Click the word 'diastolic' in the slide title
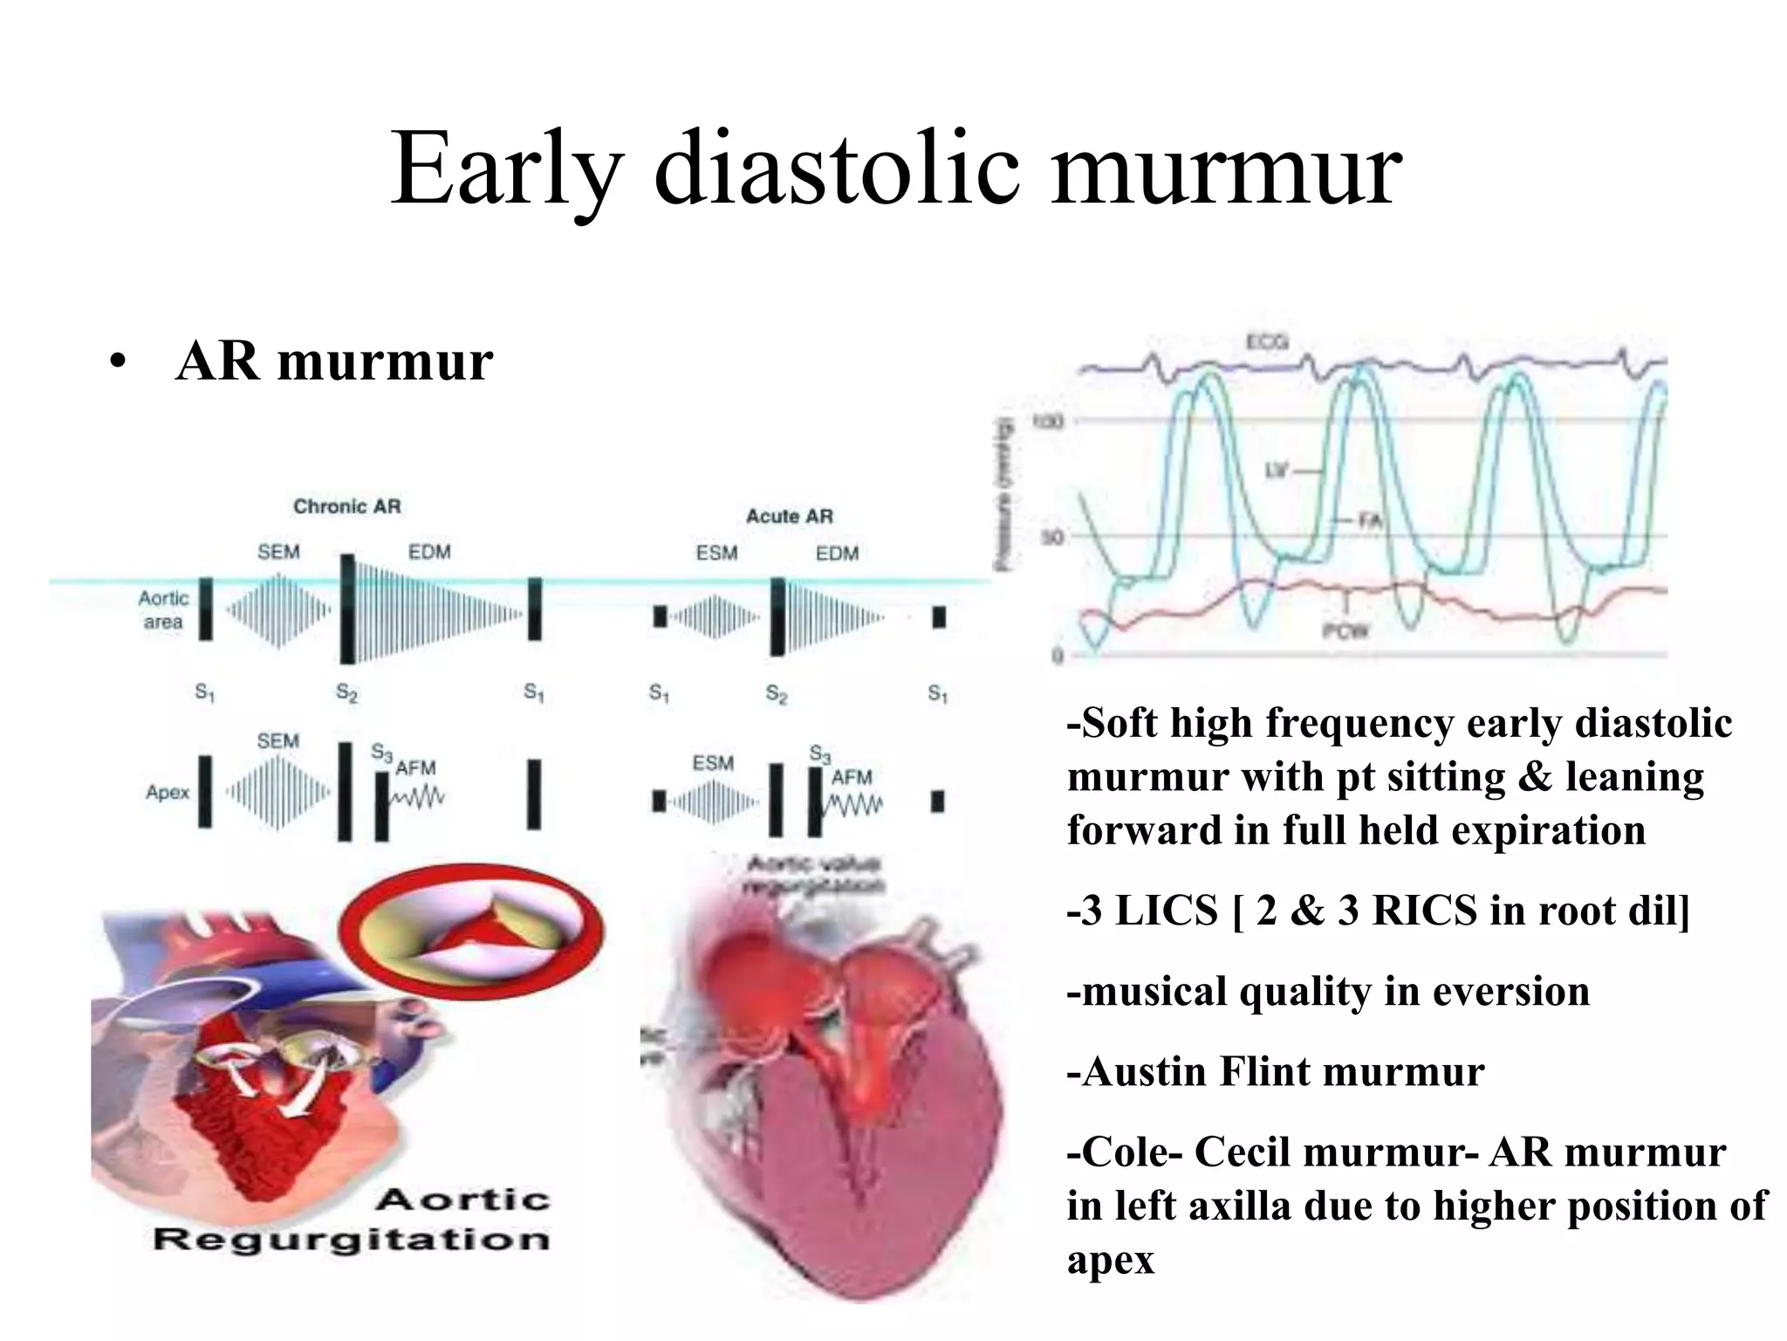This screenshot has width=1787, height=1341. pyautogui.click(x=836, y=168)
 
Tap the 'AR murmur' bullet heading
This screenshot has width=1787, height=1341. pyautogui.click(x=334, y=361)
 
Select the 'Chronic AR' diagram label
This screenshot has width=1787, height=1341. pyautogui.click(x=347, y=506)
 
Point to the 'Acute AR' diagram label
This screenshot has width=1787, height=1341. pyautogui.click(x=789, y=516)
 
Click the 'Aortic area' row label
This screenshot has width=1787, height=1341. pyautogui.click(x=163, y=609)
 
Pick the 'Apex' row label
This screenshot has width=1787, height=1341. pyautogui.click(x=168, y=793)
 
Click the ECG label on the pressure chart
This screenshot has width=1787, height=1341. pyautogui.click(x=1267, y=342)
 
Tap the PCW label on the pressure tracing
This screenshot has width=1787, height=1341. pyautogui.click(x=1345, y=630)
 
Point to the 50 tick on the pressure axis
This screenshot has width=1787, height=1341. pyautogui.click(x=1052, y=537)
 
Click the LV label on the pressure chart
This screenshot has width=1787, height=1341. pyautogui.click(x=1277, y=471)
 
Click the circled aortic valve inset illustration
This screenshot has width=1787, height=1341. pyautogui.click(x=470, y=931)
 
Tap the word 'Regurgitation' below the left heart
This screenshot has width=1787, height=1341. pyautogui.click(x=351, y=1239)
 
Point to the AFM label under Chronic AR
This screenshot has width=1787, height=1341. pyautogui.click(x=415, y=768)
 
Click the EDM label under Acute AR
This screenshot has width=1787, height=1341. pyautogui.click(x=837, y=554)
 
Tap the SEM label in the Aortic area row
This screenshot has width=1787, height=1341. pyautogui.click(x=278, y=552)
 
